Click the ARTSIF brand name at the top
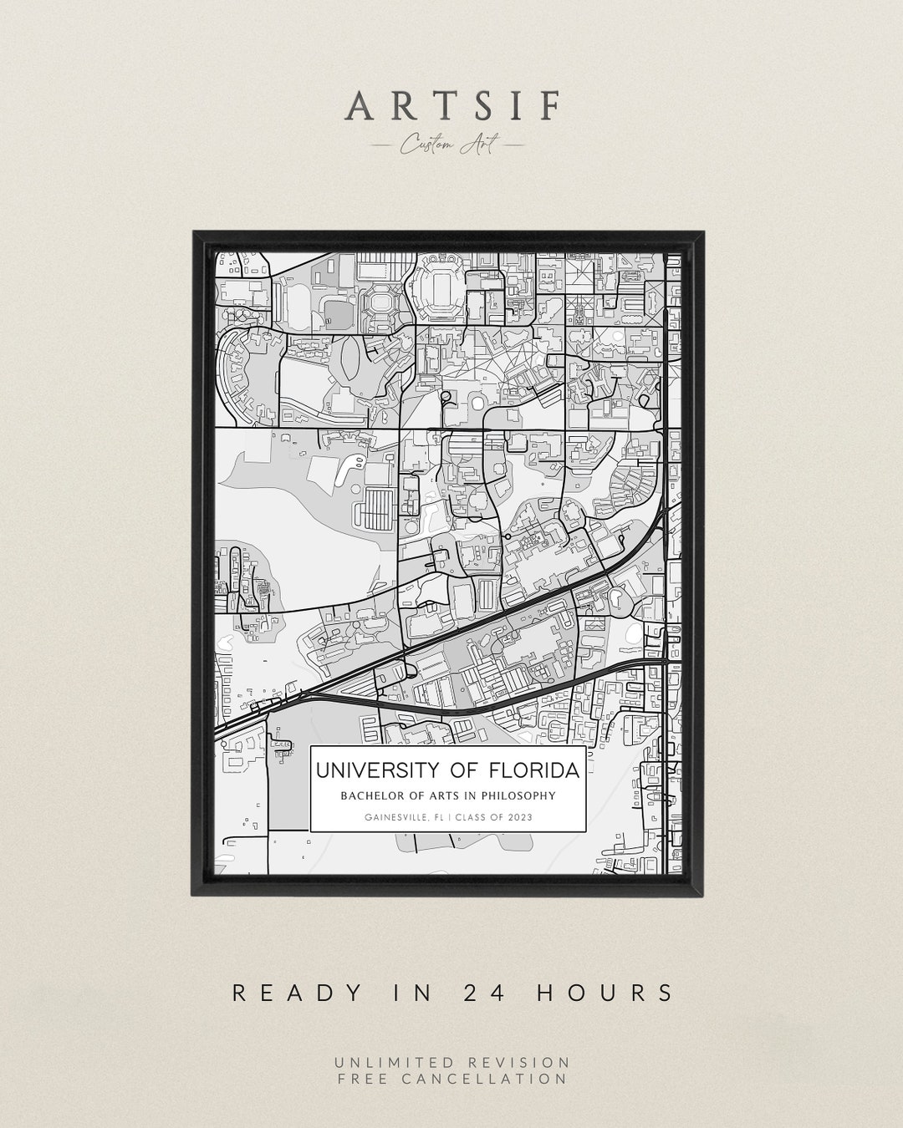click(x=452, y=106)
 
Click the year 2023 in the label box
click(x=518, y=818)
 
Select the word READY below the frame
click(x=297, y=993)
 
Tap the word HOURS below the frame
click(x=605, y=993)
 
